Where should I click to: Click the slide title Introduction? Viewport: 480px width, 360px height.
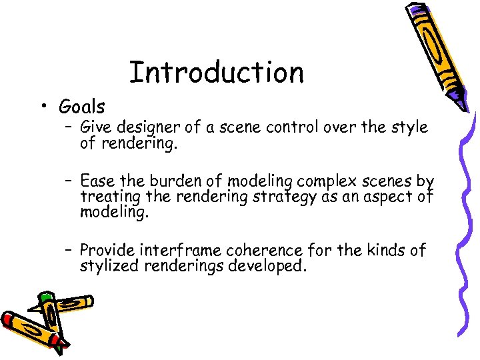click(216, 72)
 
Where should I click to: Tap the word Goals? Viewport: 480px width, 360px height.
click(82, 107)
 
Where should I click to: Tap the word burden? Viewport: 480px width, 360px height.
click(191, 181)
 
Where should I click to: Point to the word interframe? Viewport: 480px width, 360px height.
click(179, 251)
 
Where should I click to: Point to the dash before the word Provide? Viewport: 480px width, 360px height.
click(69, 251)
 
